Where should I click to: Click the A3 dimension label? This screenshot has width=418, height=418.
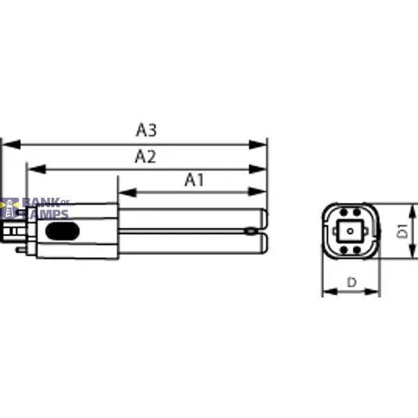(146, 130)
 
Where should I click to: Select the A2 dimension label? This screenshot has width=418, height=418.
(145, 157)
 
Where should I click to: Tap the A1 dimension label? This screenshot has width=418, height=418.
(194, 180)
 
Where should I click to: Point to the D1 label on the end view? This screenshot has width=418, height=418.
(403, 231)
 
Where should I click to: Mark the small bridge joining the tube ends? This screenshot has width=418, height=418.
(249, 230)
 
